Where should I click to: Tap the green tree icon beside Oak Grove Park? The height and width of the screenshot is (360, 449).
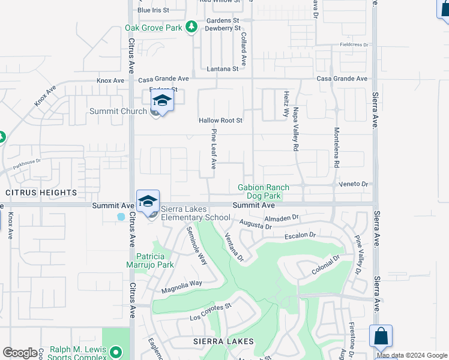[191, 26]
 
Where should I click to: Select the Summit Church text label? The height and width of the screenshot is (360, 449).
[118, 111]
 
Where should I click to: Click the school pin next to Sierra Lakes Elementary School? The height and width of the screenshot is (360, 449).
[148, 202]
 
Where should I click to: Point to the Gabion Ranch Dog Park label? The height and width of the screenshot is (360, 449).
[259, 191]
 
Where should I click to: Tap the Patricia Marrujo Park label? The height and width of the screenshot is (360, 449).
[150, 260]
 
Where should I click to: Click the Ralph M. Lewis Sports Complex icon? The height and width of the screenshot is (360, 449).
[116, 351]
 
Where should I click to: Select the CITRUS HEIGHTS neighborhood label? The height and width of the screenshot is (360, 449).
[41, 193]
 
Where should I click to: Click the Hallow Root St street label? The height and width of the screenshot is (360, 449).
[220, 121]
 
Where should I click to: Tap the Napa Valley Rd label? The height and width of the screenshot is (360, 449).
[296, 129]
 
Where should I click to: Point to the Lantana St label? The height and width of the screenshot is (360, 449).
[223, 69]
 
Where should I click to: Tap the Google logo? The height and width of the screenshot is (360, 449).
[20, 352]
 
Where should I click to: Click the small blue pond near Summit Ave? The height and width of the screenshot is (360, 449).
[121, 216]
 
